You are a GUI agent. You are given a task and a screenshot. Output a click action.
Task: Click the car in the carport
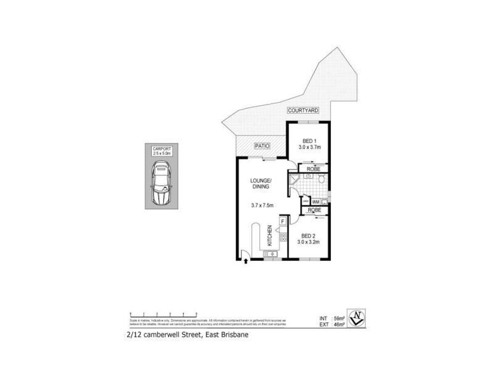tap(161, 185)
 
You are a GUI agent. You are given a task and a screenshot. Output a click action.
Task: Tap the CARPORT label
tap(161, 149)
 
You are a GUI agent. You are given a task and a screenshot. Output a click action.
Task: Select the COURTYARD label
tap(303, 110)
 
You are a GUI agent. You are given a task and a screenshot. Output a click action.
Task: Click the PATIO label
tap(263, 147)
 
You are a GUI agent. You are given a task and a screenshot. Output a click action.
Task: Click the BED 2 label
tap(308, 236)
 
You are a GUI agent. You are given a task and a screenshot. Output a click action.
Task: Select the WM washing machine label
tap(315, 202)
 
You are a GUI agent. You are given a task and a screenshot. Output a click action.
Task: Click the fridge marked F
tap(282, 221)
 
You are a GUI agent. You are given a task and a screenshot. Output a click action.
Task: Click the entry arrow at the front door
tap(246, 262)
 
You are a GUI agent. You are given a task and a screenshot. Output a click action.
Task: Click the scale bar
tap(163, 313)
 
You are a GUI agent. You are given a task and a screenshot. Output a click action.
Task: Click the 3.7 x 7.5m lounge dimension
tap(261, 205)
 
